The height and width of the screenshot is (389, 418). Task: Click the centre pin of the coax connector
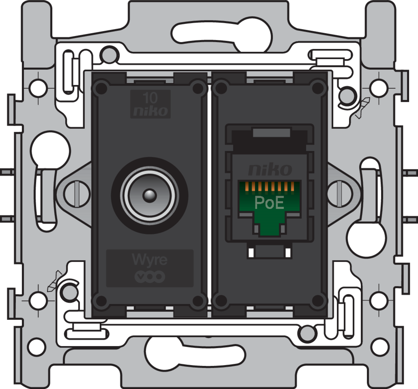point(149,195)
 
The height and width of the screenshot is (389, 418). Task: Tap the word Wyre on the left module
point(149,260)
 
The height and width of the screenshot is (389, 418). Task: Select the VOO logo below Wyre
point(149,277)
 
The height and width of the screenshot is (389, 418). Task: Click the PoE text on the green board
point(269,203)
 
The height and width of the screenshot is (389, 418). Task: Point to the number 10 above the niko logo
point(150,98)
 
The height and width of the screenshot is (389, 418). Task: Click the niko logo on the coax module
point(150,111)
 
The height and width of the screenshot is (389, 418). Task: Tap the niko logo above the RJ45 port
point(269,169)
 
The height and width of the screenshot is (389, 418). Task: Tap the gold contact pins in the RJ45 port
point(269,187)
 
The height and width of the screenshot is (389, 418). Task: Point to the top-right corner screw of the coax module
point(198,88)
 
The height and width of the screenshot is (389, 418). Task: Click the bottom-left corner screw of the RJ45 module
point(221,301)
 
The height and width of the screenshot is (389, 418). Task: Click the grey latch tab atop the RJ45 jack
point(271,133)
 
